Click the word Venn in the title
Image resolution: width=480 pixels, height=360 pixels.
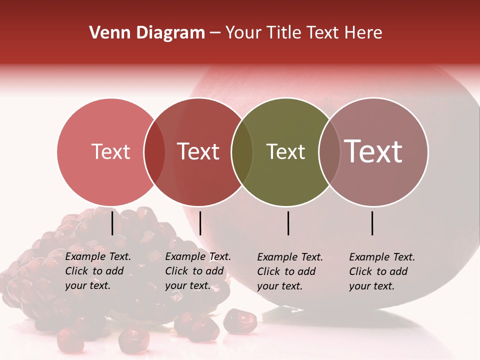point(106,33)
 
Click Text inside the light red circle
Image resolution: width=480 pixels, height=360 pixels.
point(111,151)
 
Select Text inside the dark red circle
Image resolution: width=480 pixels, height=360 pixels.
point(198,151)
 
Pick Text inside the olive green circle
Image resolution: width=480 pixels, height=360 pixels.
point(285,151)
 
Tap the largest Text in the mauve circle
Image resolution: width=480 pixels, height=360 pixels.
point(373,151)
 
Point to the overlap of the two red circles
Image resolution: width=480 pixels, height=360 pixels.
point(154,152)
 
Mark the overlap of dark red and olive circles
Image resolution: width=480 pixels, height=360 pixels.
point(242,152)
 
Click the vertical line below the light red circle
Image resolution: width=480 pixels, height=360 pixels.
point(112,223)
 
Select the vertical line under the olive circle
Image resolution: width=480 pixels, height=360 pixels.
point(288,223)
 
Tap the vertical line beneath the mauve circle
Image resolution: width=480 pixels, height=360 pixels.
point(372,223)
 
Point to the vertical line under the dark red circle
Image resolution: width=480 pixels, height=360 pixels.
point(200,223)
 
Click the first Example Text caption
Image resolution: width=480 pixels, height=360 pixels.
point(98,271)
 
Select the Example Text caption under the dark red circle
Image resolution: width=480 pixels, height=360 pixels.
point(198,271)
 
